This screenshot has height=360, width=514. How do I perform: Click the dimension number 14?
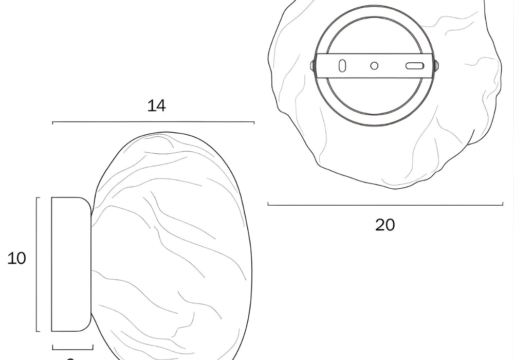click(157, 105)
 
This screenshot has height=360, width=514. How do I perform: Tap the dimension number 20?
click(385, 225)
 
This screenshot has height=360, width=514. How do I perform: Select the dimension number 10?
click(17, 258)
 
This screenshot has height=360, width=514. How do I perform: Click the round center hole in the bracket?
click(374, 65)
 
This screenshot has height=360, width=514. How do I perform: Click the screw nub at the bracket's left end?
click(313, 65)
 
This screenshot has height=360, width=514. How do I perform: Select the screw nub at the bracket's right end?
click(436, 66)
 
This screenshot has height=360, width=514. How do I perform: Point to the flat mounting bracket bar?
click(391, 66)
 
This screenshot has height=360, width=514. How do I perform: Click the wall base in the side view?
click(71, 264)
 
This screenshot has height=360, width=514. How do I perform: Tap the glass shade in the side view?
click(172, 247)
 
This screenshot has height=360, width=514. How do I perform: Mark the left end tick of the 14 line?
click(53, 122)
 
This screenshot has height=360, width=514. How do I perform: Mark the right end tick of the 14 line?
click(254, 122)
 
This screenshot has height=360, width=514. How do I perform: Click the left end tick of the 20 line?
click(268, 205)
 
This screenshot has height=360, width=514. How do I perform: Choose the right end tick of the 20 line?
click(503, 205)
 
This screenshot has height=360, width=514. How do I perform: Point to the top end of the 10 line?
click(36, 197)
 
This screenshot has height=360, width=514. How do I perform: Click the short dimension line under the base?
click(72, 348)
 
